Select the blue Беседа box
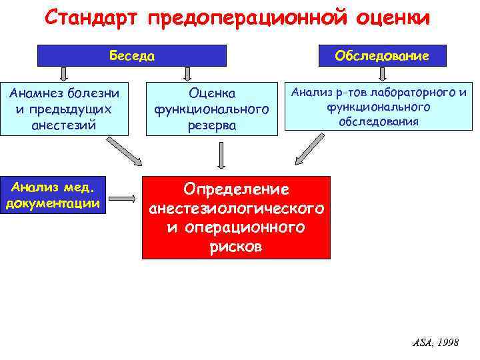point(132,55)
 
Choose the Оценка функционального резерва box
point(212,108)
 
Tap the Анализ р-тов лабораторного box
point(378,105)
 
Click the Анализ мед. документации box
point(53,195)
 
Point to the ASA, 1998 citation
point(435,342)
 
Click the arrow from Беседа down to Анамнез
point(63,73)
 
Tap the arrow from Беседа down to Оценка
point(189,73)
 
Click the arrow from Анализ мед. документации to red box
point(124,198)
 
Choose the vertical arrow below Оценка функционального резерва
point(221,155)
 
